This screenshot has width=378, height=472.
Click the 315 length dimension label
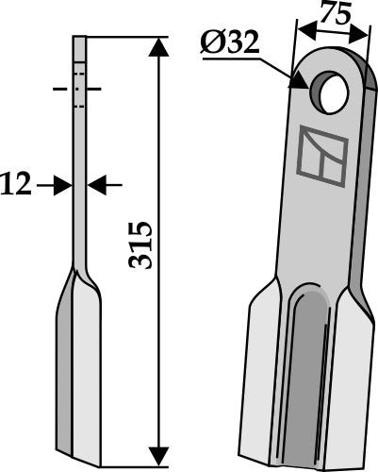(140, 247)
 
